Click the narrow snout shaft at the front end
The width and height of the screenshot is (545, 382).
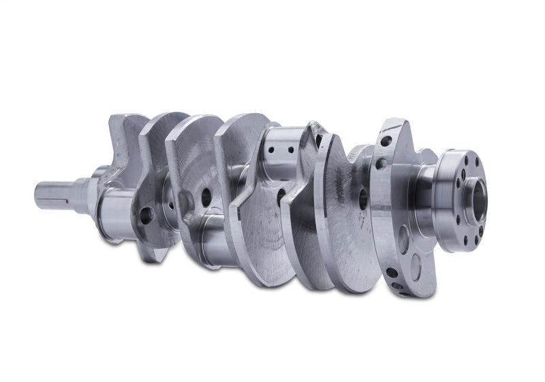tap(54, 194)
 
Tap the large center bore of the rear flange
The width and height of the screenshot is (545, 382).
tap(478, 199)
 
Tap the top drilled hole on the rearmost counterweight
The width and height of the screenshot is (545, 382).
tap(386, 141)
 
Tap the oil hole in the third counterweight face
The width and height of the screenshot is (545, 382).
tap(206, 197)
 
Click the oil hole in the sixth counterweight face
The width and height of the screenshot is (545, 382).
tap(363, 199)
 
